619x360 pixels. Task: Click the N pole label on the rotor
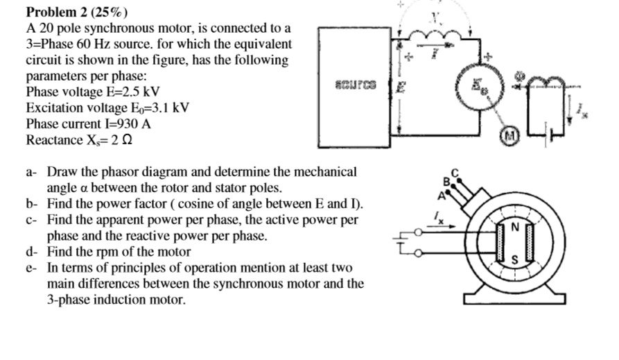point(514,226)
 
